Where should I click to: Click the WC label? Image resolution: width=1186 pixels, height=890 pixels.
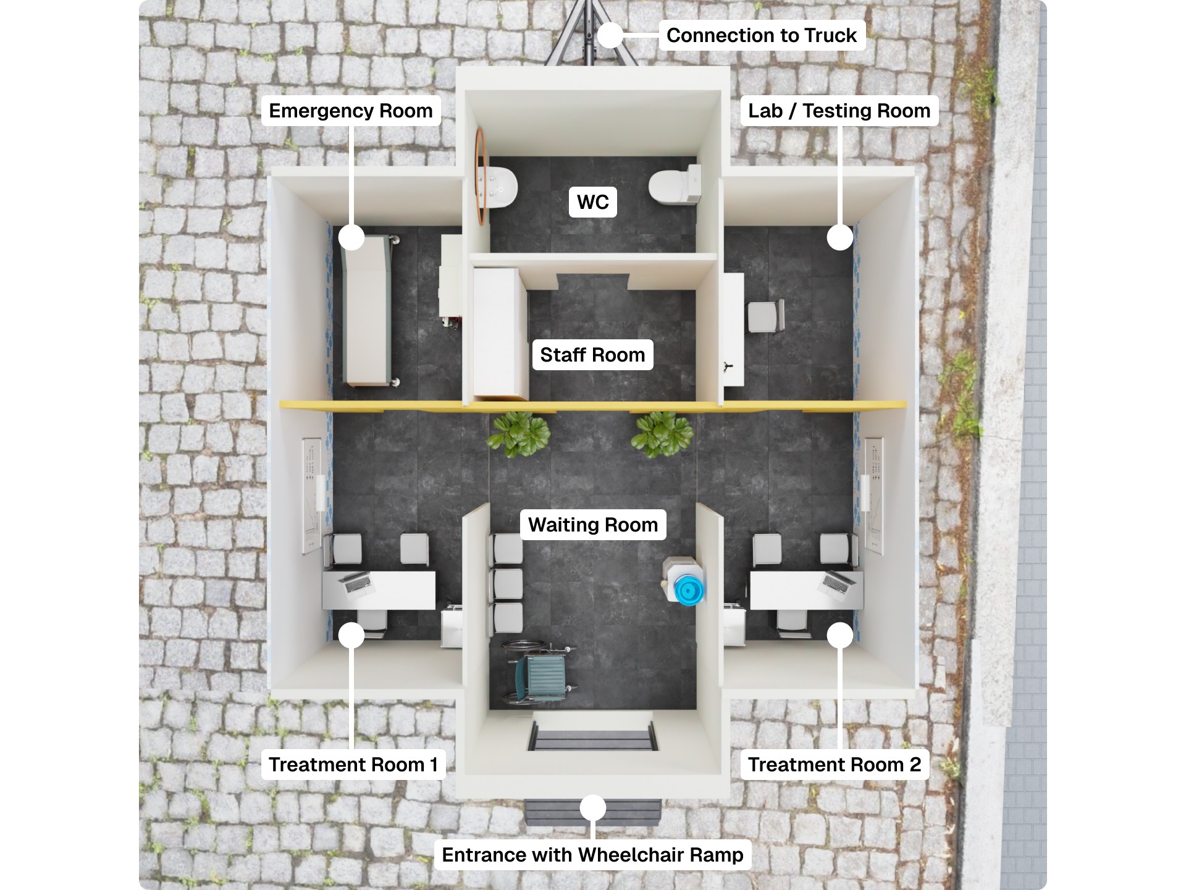592,202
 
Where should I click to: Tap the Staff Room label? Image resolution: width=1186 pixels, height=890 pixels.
592,355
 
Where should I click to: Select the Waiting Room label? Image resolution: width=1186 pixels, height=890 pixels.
593,525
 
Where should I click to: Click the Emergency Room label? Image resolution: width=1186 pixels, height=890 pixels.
351,111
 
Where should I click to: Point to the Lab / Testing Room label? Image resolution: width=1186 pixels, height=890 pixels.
839,111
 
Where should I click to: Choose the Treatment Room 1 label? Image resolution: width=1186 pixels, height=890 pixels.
353,765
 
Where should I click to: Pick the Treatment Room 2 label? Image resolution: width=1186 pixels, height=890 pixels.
834,765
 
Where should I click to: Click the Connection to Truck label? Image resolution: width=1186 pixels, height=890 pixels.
761,35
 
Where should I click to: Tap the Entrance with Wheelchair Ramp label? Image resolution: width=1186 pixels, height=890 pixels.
592,855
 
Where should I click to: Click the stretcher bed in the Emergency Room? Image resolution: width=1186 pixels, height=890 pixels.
368,309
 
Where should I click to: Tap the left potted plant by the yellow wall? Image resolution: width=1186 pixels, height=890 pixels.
518,433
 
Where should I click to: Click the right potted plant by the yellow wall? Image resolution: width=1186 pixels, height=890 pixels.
662,433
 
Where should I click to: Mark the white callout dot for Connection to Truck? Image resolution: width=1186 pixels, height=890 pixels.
610,35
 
